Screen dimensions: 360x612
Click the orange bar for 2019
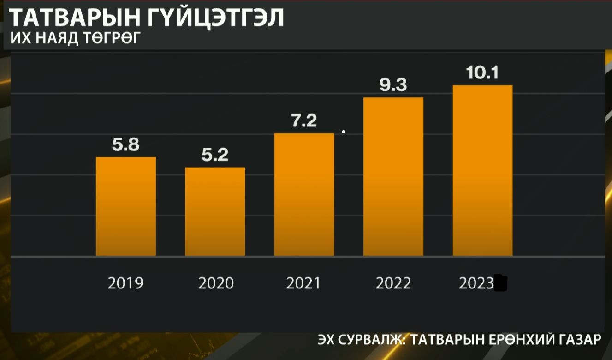coord(125,206)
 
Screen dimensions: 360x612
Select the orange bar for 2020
coord(215,211)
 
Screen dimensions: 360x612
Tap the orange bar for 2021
coord(304,194)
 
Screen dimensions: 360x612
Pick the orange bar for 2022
coord(393,176)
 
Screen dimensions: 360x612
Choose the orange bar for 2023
coord(482,170)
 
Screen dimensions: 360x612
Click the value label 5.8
coord(125,145)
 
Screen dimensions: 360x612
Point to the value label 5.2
coord(215,155)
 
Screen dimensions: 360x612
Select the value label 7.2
coord(304,121)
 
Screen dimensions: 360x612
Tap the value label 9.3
coord(393,85)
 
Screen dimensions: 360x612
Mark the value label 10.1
coord(482,73)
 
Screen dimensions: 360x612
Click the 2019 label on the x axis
coord(125,283)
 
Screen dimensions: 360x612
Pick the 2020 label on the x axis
coord(216,283)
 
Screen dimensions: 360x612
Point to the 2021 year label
coord(303,283)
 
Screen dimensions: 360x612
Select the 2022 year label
coord(393,283)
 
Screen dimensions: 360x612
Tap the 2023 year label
coord(476,283)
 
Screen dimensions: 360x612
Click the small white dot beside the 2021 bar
coord(343,132)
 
